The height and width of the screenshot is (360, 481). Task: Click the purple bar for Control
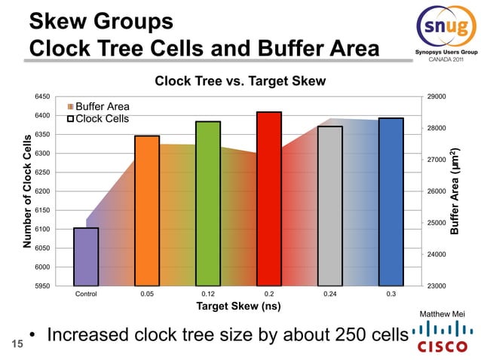click(86, 256)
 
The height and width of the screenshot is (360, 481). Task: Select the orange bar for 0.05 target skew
click(147, 210)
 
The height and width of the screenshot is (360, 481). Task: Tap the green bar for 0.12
click(208, 203)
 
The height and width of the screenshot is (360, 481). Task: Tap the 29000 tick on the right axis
click(437, 97)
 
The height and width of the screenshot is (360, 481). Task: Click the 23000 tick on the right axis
click(437, 286)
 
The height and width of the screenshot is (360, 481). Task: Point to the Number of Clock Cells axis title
click(27, 191)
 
